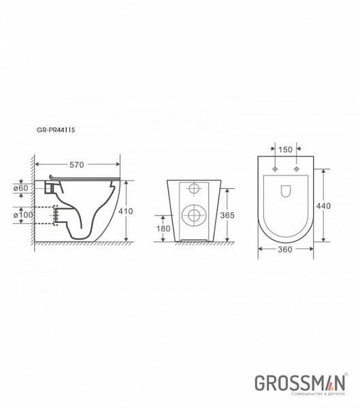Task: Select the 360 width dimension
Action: [285, 250]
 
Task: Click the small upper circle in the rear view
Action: [194, 188]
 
